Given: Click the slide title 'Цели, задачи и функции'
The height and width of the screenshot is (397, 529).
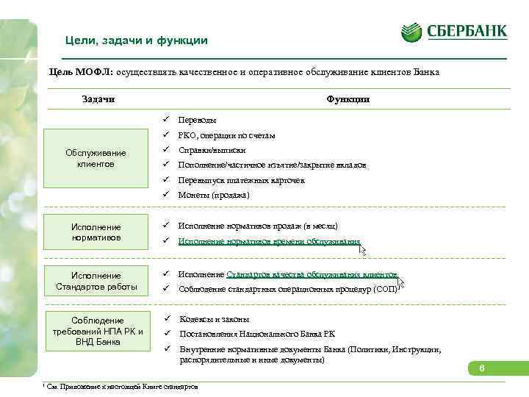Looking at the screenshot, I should (x=137, y=40).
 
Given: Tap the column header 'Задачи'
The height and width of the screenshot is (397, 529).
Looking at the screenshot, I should (x=98, y=99).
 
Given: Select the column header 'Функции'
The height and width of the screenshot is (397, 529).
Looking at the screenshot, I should (x=348, y=99).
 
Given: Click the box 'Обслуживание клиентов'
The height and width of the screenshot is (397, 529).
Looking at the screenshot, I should (x=96, y=158).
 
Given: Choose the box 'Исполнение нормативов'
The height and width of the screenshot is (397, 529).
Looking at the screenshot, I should (x=96, y=232).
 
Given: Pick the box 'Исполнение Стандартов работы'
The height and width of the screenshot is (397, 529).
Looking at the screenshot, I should (x=96, y=281).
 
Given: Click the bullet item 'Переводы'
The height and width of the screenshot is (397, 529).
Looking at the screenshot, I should (x=198, y=120).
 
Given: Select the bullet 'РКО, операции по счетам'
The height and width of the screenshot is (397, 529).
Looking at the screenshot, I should (x=227, y=135).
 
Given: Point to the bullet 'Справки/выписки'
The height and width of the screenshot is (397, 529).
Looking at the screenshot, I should (x=212, y=150).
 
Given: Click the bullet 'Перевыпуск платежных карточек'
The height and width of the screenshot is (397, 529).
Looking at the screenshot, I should (x=242, y=180).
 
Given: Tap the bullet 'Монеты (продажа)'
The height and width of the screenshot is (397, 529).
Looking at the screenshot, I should (x=214, y=196).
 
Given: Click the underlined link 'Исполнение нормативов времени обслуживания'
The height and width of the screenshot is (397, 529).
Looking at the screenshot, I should (x=270, y=241).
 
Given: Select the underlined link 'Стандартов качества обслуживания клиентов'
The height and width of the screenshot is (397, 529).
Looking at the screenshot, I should (x=312, y=274).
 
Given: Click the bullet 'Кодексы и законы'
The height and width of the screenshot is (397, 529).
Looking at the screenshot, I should (x=215, y=319).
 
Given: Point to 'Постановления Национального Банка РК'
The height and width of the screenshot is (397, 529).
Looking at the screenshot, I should (x=253, y=335).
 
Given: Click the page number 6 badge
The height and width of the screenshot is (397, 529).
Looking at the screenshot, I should (x=481, y=368).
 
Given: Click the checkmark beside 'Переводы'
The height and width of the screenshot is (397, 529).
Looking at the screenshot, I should (x=167, y=119).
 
